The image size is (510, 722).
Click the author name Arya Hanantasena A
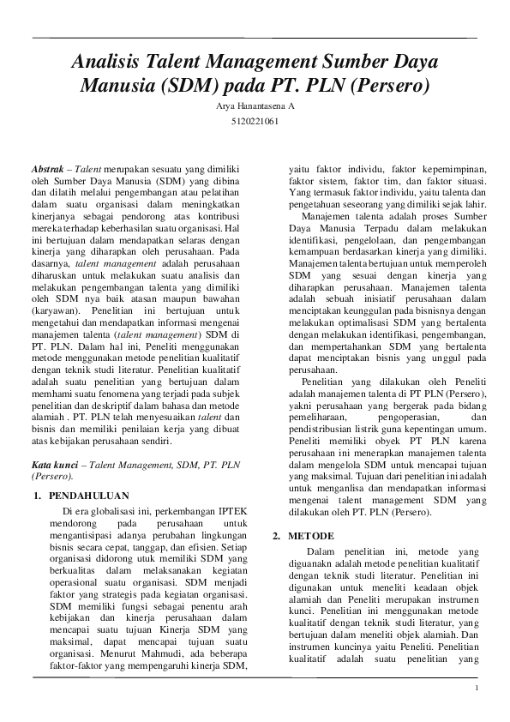click(255, 106)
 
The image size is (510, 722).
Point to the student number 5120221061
click(255, 122)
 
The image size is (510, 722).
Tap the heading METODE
click(310, 535)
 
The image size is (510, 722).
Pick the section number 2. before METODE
click(276, 535)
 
